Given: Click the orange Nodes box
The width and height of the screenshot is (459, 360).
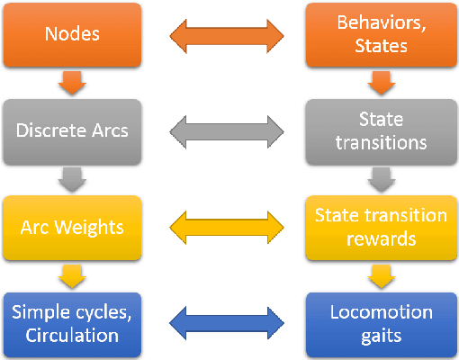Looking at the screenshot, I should pyautogui.click(x=72, y=36).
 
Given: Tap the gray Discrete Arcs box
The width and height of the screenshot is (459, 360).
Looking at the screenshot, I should pyautogui.click(x=72, y=130).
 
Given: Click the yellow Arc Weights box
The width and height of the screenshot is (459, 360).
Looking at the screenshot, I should pyautogui.click(x=72, y=226).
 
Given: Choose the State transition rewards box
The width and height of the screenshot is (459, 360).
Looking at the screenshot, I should pyautogui.click(x=381, y=226).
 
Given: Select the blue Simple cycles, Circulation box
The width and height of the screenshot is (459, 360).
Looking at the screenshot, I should pyautogui.click(x=72, y=324).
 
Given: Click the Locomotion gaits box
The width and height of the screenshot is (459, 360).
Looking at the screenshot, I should pyautogui.click(x=381, y=324).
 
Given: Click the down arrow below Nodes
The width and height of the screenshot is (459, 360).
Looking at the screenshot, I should pyautogui.click(x=72, y=84).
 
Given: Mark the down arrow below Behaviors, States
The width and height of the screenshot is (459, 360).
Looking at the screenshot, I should pyautogui.click(x=381, y=84).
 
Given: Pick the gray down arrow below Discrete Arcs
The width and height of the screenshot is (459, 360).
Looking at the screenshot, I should pyautogui.click(x=72, y=179).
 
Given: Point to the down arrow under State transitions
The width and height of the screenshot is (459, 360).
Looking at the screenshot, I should pyautogui.click(x=381, y=179).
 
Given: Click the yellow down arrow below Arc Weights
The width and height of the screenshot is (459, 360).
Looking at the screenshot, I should pyautogui.click(x=72, y=274).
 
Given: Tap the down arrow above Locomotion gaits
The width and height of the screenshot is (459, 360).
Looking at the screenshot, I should pyautogui.click(x=381, y=274).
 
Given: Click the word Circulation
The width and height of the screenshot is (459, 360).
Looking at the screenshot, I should pyautogui.click(x=72, y=336).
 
